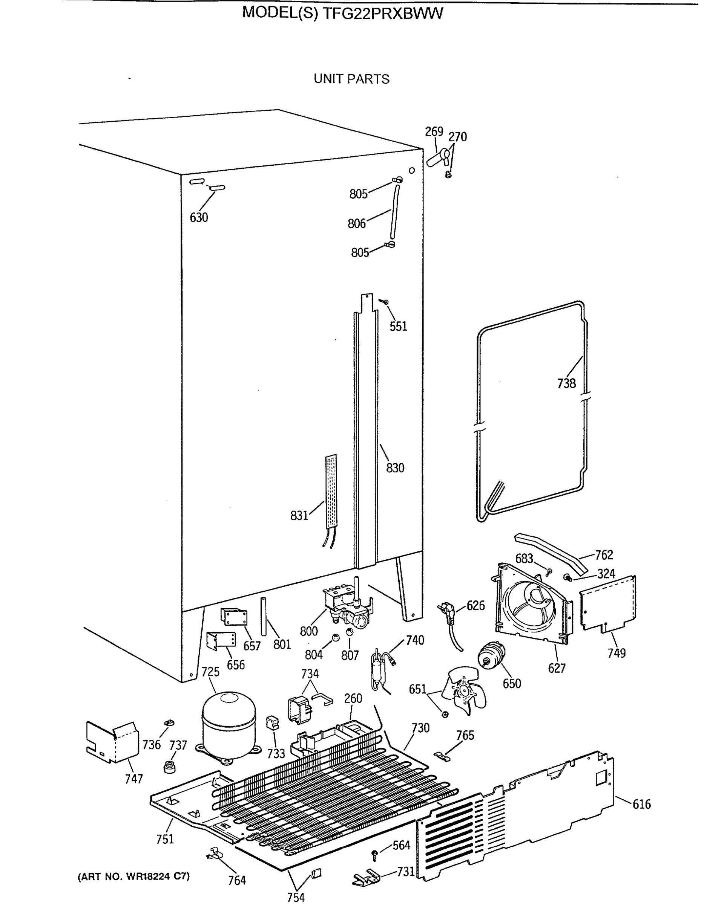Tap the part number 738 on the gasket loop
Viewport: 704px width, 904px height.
(x=566, y=383)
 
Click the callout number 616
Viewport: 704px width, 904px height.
(x=641, y=804)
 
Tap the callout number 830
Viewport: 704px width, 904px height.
(x=395, y=468)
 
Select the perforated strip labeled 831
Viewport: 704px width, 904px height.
(x=331, y=491)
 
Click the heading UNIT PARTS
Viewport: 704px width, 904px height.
(x=351, y=79)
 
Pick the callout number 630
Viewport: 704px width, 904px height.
(x=198, y=217)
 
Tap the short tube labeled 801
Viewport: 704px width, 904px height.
(x=263, y=616)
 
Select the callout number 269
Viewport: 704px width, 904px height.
(x=434, y=131)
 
